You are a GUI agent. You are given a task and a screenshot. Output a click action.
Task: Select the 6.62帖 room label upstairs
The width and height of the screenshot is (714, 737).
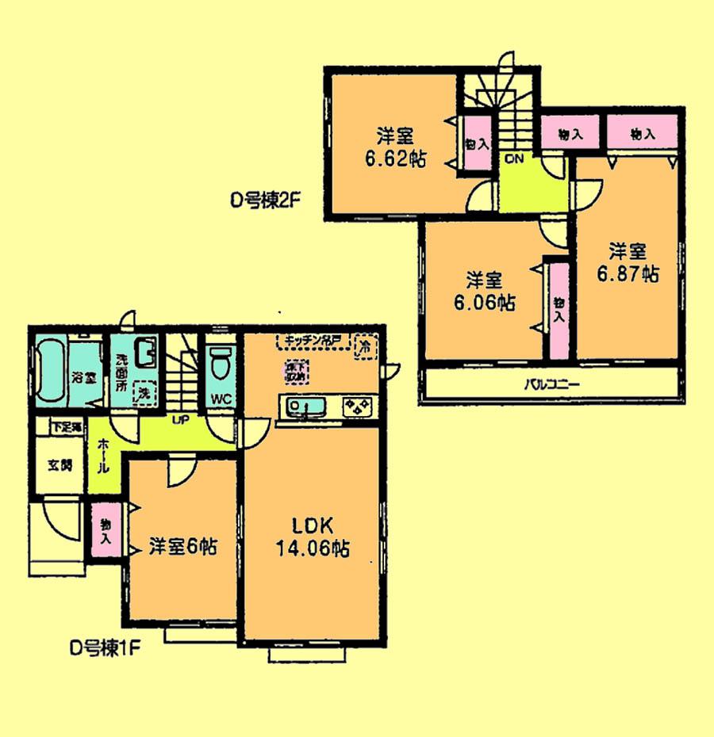pyautogui.click(x=395, y=147)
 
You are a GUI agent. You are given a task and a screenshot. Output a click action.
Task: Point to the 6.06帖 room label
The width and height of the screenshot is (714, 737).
pyautogui.click(x=483, y=291)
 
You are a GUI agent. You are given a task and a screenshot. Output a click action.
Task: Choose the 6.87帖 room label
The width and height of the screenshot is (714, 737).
pyautogui.click(x=628, y=262)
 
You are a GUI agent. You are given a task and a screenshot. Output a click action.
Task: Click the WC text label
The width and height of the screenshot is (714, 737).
pyautogui.click(x=221, y=399)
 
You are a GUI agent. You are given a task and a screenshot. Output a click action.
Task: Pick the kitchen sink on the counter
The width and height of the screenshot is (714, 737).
pyautogui.click(x=305, y=407)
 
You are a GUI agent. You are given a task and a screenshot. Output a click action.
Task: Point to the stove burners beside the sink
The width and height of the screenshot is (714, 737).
pyautogui.click(x=356, y=407)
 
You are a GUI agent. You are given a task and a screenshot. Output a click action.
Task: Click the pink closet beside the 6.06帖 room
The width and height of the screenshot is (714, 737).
pyautogui.click(x=559, y=310)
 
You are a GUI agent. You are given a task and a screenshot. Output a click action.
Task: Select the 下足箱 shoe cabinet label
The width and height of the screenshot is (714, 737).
pyautogui.click(x=67, y=426)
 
